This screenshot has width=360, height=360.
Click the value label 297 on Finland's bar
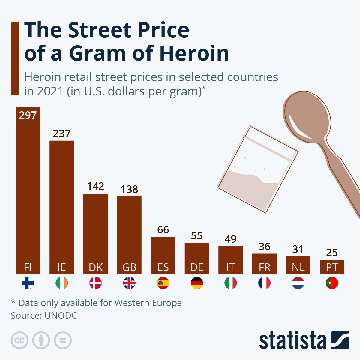click(28, 115)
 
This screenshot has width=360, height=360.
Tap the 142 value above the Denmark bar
click(95, 186)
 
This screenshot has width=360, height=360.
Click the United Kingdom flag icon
click(129, 283)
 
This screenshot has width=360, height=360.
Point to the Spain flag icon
click(163, 283)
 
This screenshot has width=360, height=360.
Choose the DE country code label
click(197, 267)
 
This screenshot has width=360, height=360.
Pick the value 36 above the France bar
click(264, 247)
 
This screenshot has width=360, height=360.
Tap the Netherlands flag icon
click(298, 283)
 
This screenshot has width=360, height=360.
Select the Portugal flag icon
click(332, 283)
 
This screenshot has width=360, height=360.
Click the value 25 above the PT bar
click(332, 253)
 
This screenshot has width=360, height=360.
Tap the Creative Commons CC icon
click(19, 340)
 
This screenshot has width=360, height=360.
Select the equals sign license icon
click(63, 340)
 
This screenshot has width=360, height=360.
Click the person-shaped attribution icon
click(41, 340)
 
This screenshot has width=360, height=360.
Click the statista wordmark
click(292, 341)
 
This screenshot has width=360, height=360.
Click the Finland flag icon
click(28, 283)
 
